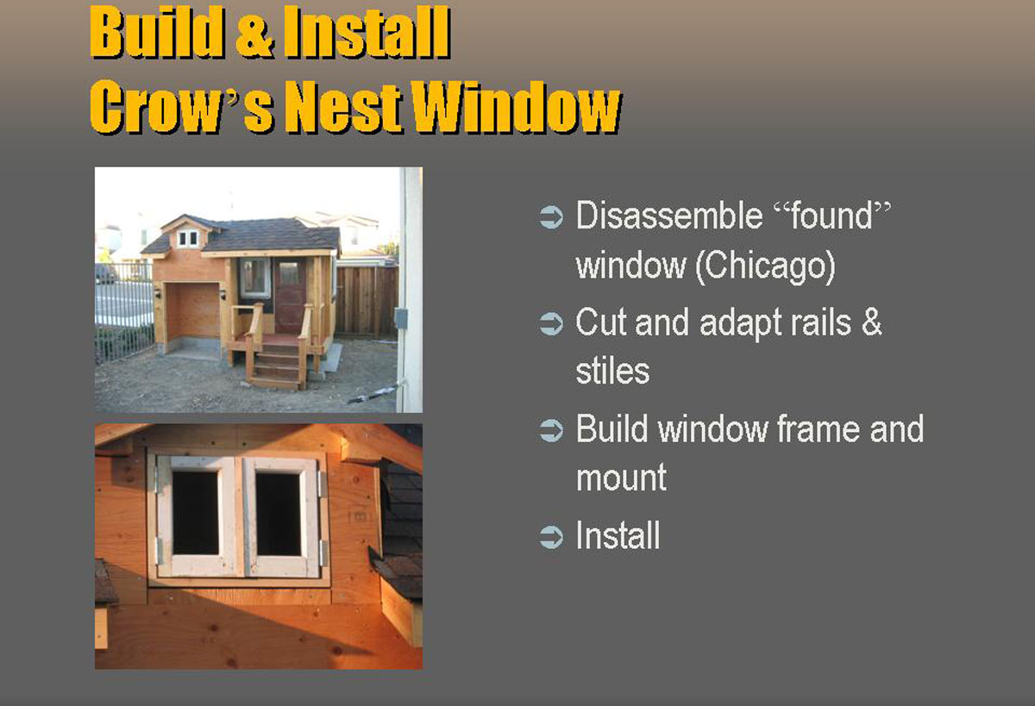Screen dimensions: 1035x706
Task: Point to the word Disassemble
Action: (668, 216)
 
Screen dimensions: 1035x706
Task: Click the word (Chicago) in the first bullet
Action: (766, 267)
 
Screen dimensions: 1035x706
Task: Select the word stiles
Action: (612, 371)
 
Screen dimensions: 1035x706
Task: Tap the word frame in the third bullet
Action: (818, 429)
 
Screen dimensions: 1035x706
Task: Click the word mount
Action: (622, 478)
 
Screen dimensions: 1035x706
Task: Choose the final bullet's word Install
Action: (618, 535)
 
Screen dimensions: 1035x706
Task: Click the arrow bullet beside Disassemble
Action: (551, 216)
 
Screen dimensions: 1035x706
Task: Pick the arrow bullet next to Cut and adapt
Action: (551, 323)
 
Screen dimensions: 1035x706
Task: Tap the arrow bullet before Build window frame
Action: (551, 430)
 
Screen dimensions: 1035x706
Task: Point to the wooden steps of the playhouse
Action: (276, 364)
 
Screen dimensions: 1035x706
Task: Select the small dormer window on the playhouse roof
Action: (188, 239)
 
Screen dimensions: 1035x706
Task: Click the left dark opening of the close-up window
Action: (196, 513)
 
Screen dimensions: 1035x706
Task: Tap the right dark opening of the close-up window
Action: (278, 514)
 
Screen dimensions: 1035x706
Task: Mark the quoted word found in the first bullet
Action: (831, 216)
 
